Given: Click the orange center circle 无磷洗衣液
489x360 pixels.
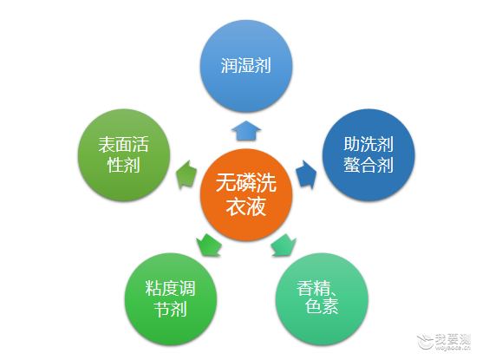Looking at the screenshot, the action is [x=246, y=194].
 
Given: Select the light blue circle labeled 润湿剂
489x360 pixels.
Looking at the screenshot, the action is [x=246, y=66].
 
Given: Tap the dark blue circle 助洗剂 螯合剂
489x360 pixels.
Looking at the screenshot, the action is [x=368, y=154].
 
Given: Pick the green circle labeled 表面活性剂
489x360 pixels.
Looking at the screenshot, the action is [x=124, y=154].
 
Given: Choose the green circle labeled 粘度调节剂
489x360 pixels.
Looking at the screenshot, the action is [x=171, y=299].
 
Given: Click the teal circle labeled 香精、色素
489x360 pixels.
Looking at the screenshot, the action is [x=322, y=299].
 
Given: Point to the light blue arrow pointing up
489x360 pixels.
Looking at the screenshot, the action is [x=246, y=130].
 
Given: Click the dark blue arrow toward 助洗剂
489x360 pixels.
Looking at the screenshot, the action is [x=306, y=174].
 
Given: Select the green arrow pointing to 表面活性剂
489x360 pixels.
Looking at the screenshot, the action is [x=186, y=174].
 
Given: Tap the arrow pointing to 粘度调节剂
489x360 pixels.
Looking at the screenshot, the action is [x=209, y=245].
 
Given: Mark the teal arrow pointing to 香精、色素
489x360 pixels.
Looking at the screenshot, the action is [x=284, y=245].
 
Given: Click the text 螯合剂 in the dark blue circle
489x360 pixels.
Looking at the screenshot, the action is [x=368, y=165].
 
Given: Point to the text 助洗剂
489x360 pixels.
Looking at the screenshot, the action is [x=368, y=144].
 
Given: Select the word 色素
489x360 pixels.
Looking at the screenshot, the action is [x=322, y=306].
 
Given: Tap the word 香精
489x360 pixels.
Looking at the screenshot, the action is [x=313, y=288].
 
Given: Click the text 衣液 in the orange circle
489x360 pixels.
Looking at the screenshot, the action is [x=246, y=206].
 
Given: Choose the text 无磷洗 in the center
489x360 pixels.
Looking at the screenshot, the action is [x=246, y=183].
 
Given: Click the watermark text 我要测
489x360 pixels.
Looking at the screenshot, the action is [x=453, y=339].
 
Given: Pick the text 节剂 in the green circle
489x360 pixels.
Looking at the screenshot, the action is [x=171, y=310].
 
